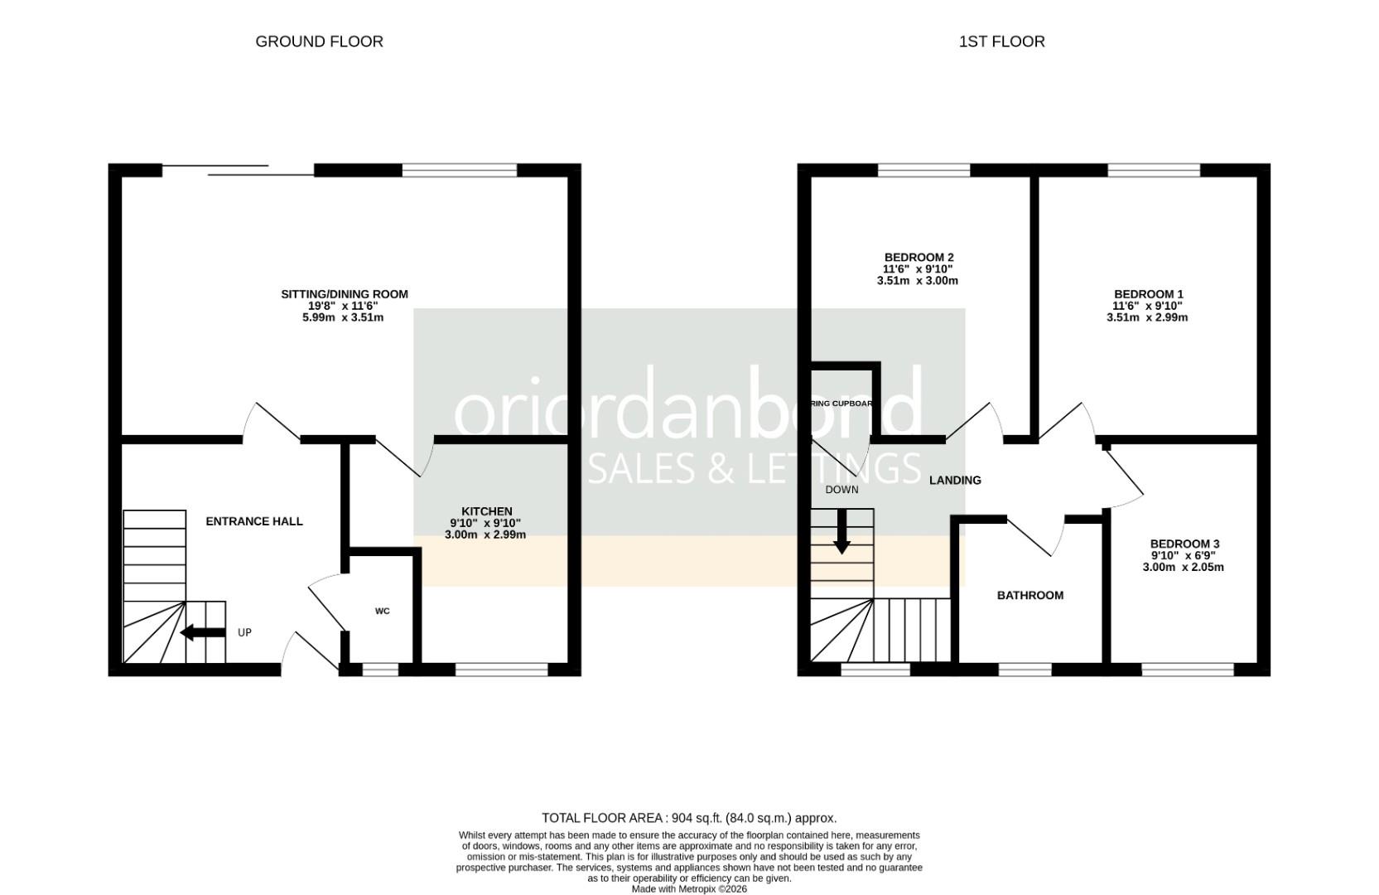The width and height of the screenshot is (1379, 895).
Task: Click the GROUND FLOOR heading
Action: (319, 41)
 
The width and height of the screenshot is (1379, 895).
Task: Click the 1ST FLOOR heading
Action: (1001, 41)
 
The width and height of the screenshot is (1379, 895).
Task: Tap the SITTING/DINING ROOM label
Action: (345, 294)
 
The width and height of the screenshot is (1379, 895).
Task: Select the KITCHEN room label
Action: (487, 511)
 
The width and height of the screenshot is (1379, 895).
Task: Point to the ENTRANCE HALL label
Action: (254, 521)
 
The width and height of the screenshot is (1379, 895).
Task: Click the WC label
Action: (383, 612)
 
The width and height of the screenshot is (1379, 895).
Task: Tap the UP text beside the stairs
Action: (244, 633)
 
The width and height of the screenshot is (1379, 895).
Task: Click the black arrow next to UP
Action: (202, 633)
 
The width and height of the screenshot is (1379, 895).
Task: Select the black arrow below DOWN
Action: (841, 532)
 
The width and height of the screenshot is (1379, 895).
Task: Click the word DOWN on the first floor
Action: (841, 490)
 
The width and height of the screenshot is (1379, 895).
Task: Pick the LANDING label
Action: (955, 481)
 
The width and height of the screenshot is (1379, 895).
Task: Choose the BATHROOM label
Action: (1030, 595)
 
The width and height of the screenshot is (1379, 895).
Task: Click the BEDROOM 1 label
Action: (1149, 294)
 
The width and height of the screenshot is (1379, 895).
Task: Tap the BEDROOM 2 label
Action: (919, 258)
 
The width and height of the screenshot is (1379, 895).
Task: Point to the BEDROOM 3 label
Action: (1184, 544)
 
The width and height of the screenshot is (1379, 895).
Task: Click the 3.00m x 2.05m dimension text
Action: (1183, 568)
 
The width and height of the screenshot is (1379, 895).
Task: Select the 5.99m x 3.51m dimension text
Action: (343, 317)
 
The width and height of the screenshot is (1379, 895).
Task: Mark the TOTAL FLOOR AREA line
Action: (689, 818)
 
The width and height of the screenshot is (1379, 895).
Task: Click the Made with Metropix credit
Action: (689, 889)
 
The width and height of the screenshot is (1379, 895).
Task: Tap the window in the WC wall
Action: (380, 670)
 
